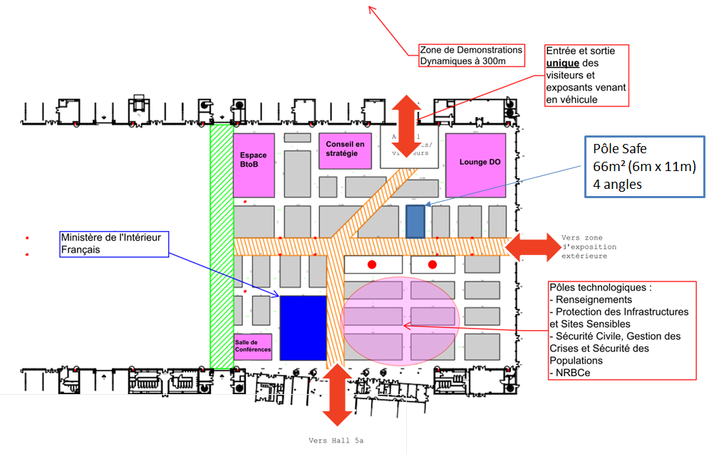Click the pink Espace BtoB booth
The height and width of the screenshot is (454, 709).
pos(253,164)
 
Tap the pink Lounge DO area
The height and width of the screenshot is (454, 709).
pos(475,165)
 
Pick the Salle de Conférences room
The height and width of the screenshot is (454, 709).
pos(253,346)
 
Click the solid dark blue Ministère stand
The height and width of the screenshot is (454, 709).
pos(302,327)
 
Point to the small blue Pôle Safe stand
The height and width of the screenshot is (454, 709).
pos(415,221)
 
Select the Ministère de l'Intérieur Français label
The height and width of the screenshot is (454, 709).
pos(114,243)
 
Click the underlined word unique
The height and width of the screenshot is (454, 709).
pos(562,63)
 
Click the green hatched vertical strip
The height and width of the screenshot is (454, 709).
pos(221,246)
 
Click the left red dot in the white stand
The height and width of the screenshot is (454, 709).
pos(371,264)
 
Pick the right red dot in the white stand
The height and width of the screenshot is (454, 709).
pos(433,264)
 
